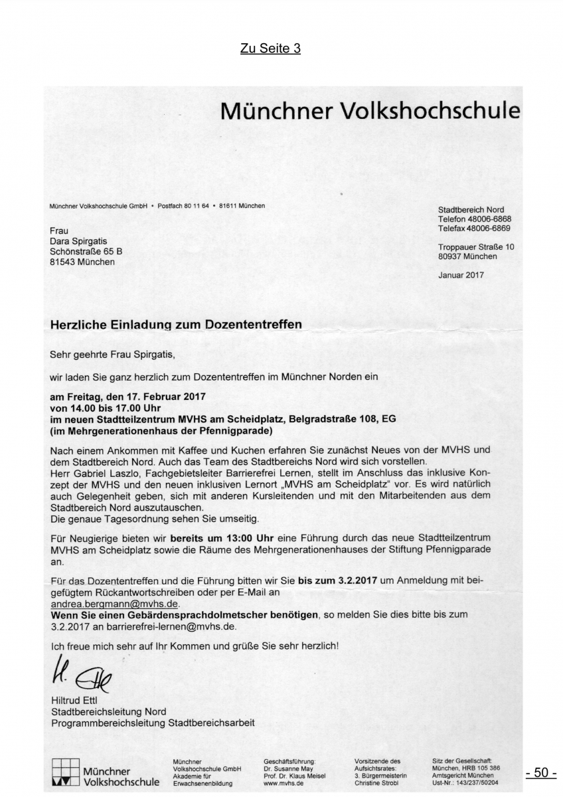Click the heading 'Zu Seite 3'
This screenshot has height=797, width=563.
pos(270,48)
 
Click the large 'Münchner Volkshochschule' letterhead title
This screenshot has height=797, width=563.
pos(370,109)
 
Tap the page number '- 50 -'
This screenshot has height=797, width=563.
pos(540,772)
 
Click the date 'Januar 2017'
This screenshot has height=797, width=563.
pos(461,274)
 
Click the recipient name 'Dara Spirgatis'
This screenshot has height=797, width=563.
pos(78,241)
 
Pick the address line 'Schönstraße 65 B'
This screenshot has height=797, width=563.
pos(86,251)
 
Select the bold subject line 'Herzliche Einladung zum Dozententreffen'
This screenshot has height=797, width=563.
pos(176,325)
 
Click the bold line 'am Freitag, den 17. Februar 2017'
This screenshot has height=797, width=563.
pos(128,396)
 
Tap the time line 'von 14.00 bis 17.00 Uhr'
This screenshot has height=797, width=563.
pos(106,408)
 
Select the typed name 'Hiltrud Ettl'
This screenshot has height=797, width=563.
pos(74,701)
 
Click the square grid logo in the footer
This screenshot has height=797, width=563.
pos(65,772)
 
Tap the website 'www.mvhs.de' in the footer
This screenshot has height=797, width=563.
pos(283,782)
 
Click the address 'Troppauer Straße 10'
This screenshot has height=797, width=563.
pos(476,246)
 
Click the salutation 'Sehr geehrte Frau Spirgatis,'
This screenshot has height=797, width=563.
pos(111,355)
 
